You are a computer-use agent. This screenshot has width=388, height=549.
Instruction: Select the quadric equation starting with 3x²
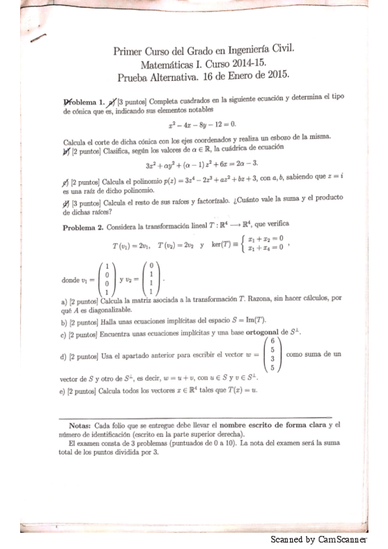pyautogui.click(x=202, y=164)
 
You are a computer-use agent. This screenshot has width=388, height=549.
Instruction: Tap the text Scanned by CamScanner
pyautogui.click(x=319, y=539)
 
